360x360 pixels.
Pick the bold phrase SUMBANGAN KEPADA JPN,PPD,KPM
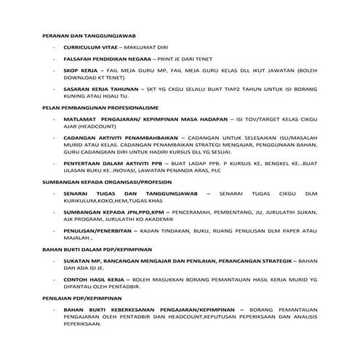coord(113,212)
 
